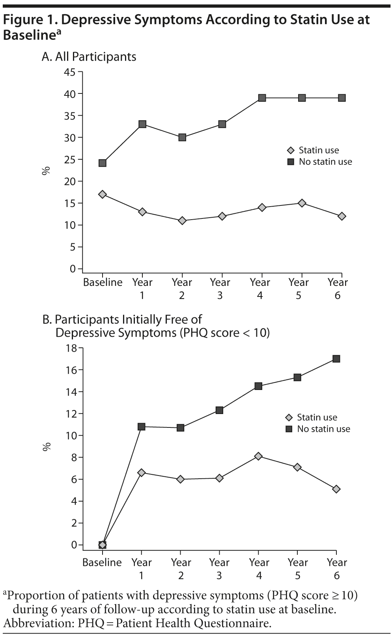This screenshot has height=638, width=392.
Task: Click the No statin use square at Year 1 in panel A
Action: [x=142, y=124]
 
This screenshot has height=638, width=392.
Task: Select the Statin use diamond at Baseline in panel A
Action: [x=103, y=194]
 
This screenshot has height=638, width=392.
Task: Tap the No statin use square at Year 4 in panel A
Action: [x=262, y=98]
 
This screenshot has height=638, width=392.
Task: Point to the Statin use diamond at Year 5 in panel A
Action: [x=302, y=203]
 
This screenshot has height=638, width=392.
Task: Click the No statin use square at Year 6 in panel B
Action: [x=336, y=359]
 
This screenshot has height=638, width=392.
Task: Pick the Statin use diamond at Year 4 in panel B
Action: [x=258, y=456]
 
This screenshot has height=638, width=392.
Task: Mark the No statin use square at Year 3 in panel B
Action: [x=219, y=410]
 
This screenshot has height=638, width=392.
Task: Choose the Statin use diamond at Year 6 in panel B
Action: [x=336, y=489]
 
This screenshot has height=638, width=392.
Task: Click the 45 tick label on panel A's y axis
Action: [x=70, y=72]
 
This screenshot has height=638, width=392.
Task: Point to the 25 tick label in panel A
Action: [x=70, y=160]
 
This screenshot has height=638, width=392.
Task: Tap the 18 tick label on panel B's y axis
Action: [x=71, y=348]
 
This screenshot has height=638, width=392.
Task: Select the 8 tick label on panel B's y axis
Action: [x=74, y=457]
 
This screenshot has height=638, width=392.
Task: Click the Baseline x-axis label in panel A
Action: [x=103, y=282]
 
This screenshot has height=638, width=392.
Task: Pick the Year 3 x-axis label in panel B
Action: [x=219, y=569]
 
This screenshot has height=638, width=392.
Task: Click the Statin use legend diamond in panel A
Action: [x=291, y=150]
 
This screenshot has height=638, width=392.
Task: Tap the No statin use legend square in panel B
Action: [x=289, y=429]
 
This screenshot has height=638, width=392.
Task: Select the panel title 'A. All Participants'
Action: [x=89, y=57]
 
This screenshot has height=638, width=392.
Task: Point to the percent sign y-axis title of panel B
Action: [x=47, y=447]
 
